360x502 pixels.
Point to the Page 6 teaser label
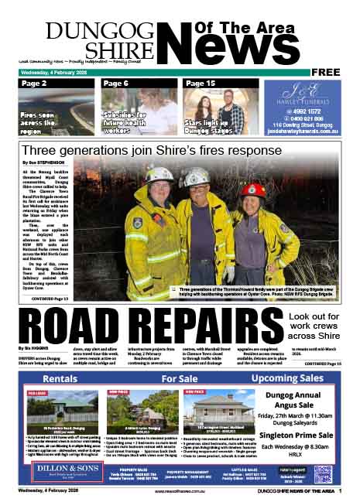pos(116,84)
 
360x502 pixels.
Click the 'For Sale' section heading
pos(180,380)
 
